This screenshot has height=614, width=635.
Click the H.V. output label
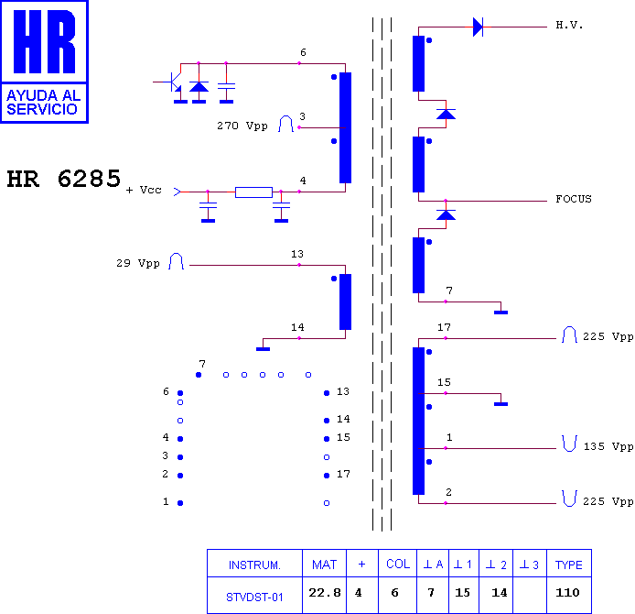click(x=569, y=26)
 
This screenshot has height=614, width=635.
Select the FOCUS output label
click(x=574, y=199)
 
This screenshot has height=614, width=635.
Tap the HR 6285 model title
click(x=64, y=179)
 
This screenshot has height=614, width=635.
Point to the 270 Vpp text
click(x=242, y=126)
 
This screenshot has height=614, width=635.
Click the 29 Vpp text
click(x=138, y=263)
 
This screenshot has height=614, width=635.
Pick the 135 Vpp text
click(x=608, y=446)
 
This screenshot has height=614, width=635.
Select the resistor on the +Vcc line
click(x=254, y=192)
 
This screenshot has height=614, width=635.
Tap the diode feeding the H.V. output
click(x=479, y=27)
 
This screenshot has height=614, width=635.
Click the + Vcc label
click(x=144, y=190)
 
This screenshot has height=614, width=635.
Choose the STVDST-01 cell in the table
click(x=254, y=597)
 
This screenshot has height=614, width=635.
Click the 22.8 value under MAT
click(x=325, y=593)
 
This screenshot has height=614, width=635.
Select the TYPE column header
click(x=568, y=565)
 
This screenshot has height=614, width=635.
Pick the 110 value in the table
click(x=567, y=593)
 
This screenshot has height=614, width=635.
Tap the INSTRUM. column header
click(x=254, y=565)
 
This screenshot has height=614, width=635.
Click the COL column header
click(x=398, y=565)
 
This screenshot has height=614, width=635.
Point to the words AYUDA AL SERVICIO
click(x=43, y=103)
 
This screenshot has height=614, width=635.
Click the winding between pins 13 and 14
click(x=346, y=302)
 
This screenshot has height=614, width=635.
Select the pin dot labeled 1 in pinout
click(x=180, y=503)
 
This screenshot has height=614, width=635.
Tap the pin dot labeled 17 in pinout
click(x=327, y=476)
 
